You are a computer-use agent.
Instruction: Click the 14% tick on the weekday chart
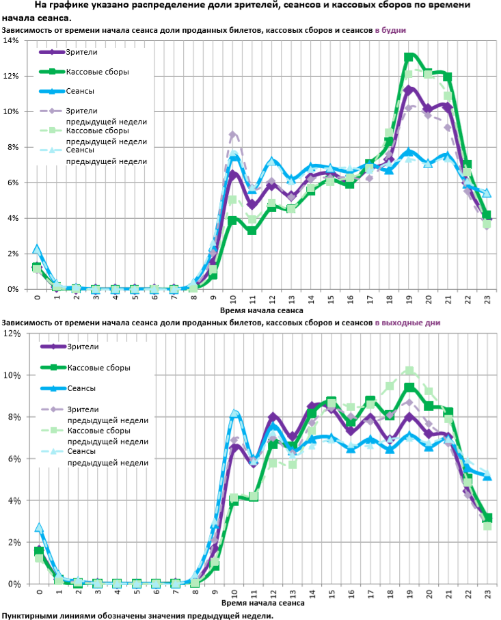tap(10, 40)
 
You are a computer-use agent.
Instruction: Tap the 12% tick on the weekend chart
tap(10, 334)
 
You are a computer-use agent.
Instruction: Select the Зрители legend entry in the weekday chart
tap(81, 52)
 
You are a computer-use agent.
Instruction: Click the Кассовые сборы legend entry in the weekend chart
tap(98, 368)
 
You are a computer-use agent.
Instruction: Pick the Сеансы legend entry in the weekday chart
tap(81, 91)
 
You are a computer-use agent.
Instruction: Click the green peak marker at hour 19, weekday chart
tap(409, 57)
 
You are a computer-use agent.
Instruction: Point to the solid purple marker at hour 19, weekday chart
tap(409, 90)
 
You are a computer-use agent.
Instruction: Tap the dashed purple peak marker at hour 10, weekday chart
tap(232, 135)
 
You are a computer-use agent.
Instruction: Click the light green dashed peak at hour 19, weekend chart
tap(409, 370)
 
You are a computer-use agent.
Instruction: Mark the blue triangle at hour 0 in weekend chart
tap(39, 528)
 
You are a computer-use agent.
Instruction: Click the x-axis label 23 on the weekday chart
tap(486, 298)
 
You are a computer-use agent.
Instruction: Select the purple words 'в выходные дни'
tap(407, 323)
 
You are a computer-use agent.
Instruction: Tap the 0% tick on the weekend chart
tap(13, 584)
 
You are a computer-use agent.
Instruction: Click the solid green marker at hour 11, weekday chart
tap(252, 230)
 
